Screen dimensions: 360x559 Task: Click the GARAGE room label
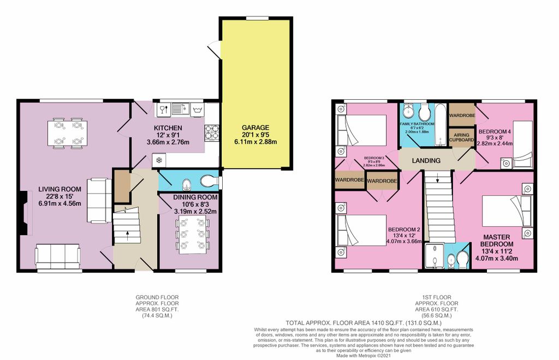pyautogui.click(x=255, y=127)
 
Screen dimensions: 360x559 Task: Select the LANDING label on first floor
pyautogui.click(x=426, y=160)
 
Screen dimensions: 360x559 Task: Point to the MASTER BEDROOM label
pyautogui.click(x=495, y=241)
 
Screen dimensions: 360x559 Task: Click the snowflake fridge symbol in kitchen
pyautogui.click(x=159, y=160)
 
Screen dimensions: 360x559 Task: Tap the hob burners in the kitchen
pyautogui.click(x=212, y=132)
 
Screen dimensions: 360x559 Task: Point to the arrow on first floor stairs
pyautogui.click(x=438, y=178)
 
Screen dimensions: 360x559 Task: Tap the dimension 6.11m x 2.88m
pyautogui.click(x=255, y=142)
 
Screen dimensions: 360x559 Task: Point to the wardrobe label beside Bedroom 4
pyautogui.click(x=462, y=116)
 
